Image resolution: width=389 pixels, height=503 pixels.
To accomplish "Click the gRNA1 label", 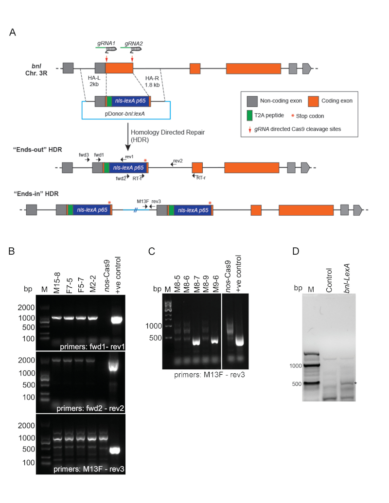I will [106, 43].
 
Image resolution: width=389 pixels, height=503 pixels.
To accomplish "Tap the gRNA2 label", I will [133, 43].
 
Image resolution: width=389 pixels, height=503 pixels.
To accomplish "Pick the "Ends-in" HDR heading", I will [36, 193].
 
